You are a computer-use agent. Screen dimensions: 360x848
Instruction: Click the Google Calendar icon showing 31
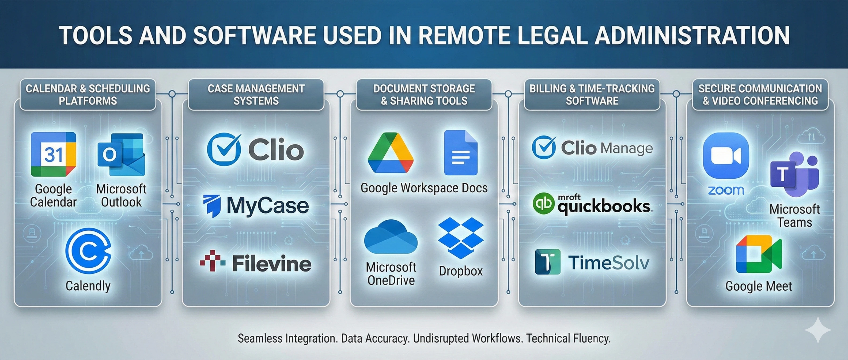(x=53, y=154)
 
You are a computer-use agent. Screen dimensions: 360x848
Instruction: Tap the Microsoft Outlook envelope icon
(x=121, y=154)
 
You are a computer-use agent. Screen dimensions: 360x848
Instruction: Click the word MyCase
(x=267, y=206)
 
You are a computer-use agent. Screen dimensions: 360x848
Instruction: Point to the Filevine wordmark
(x=272, y=264)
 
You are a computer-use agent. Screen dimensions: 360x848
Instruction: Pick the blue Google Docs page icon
(x=461, y=153)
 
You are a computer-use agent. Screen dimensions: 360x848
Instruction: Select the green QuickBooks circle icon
(x=543, y=204)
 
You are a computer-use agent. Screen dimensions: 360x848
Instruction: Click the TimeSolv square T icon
(x=547, y=262)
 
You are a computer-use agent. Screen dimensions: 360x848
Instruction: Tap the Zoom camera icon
(x=726, y=155)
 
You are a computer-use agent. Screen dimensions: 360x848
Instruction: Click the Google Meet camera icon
(x=758, y=254)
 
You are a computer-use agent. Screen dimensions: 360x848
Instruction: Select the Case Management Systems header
(x=256, y=95)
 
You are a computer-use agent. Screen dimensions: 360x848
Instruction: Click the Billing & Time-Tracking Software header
(x=592, y=95)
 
